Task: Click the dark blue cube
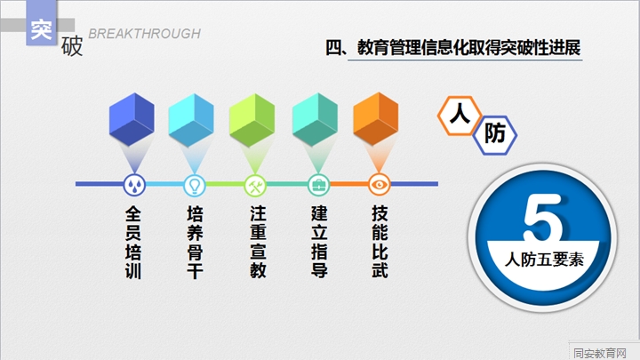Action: click(x=132, y=119)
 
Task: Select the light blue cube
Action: click(x=191, y=120)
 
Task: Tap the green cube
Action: click(x=252, y=120)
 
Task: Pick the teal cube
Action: click(x=315, y=120)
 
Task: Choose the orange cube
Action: click(x=375, y=119)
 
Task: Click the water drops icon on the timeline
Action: click(x=134, y=185)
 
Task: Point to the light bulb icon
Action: click(x=195, y=185)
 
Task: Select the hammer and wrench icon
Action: click(x=255, y=185)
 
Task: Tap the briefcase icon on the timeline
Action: click(x=318, y=185)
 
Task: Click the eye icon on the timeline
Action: click(x=380, y=185)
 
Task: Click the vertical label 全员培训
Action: click(x=133, y=243)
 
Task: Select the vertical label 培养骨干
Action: click(x=195, y=243)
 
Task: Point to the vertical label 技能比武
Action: click(x=380, y=242)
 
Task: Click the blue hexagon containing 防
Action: click(x=495, y=135)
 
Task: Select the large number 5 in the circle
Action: click(x=543, y=218)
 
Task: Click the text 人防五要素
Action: click(x=544, y=260)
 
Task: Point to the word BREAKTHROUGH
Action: click(x=145, y=34)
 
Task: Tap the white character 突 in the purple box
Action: click(x=41, y=29)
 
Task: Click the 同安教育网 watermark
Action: click(x=600, y=353)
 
